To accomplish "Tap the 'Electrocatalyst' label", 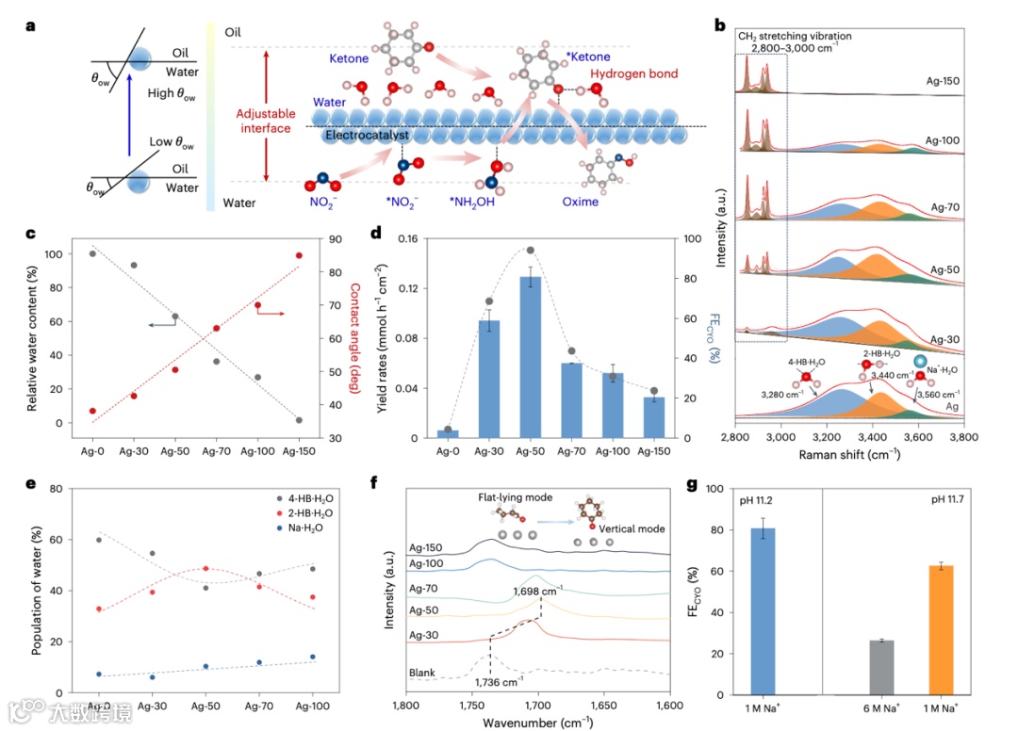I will (x=368, y=136).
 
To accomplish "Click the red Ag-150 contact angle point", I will (x=299, y=255).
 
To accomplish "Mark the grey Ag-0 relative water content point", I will (x=92, y=253).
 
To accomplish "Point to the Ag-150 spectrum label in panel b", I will (x=943, y=82).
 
